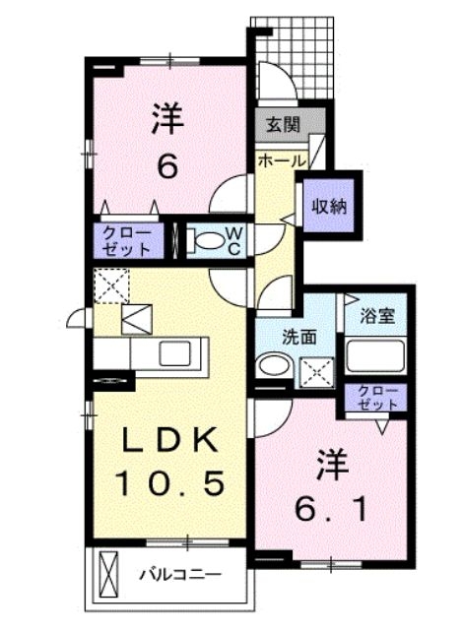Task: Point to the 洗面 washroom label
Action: tap(298, 337)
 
